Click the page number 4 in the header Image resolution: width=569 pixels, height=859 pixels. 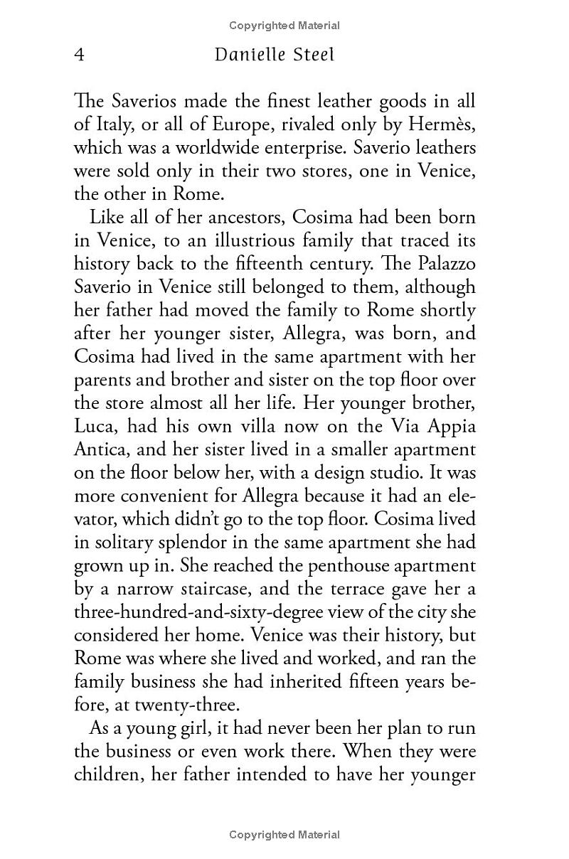(79, 55)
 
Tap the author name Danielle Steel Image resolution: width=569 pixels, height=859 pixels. (275, 55)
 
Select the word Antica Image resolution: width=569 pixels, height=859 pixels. (101, 449)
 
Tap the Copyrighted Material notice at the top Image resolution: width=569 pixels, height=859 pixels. (284, 26)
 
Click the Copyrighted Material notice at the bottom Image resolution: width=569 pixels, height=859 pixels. (284, 835)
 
